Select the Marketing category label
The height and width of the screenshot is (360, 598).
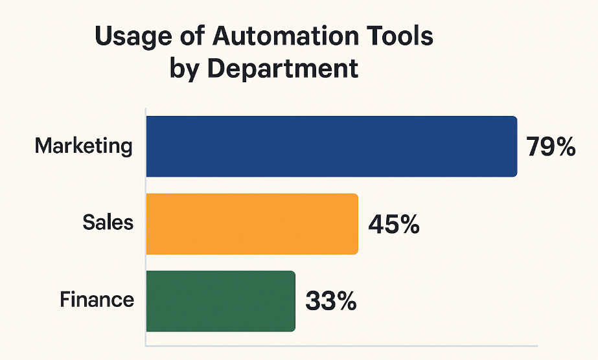84,146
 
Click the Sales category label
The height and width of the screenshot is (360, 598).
108,223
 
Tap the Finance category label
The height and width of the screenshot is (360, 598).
97,300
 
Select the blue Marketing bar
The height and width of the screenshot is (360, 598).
331,146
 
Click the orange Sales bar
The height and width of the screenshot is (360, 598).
252,223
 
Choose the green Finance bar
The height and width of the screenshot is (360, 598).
220,300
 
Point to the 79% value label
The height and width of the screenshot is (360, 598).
550,148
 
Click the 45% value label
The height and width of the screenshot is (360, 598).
393,224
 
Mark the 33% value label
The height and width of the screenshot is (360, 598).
330,301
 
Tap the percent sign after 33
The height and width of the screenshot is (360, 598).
345,301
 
